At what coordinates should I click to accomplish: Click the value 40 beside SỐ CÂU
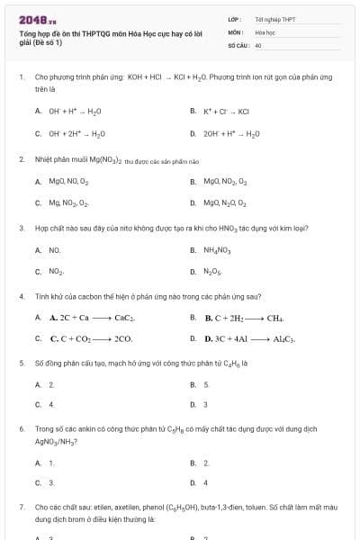pos(258,44)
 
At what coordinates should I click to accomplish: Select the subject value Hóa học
pos(265,31)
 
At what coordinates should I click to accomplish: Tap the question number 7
pos(21,507)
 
